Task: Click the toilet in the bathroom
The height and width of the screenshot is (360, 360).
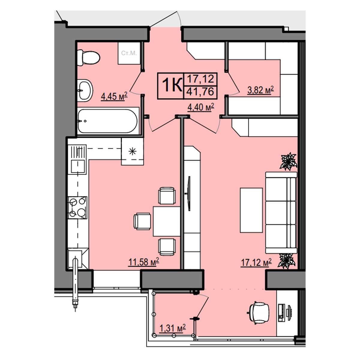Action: click(88, 58)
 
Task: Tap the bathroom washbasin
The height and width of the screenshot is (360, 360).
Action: click(85, 90)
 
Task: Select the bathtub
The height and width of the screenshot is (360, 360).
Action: click(108, 121)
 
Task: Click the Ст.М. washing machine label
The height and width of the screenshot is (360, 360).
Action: click(129, 53)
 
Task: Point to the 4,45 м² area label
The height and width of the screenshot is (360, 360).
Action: click(114, 96)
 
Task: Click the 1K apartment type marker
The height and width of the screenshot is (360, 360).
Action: click(172, 85)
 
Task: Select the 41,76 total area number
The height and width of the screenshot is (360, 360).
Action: click(200, 91)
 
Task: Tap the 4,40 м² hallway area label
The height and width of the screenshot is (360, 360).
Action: click(201, 107)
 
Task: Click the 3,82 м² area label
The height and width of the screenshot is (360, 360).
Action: click(260, 90)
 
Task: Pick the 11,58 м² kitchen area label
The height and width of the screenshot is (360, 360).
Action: click(144, 262)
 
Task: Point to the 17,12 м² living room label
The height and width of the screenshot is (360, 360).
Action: click(256, 262)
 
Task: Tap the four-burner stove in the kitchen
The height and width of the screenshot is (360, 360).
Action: click(77, 208)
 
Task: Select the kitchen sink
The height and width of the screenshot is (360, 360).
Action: click(77, 167)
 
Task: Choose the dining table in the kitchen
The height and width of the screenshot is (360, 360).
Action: click(166, 221)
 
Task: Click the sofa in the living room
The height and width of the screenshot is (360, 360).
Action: click(281, 213)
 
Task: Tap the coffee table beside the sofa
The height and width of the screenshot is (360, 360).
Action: click(251, 210)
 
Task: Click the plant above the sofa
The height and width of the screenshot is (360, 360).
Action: click(288, 161)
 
